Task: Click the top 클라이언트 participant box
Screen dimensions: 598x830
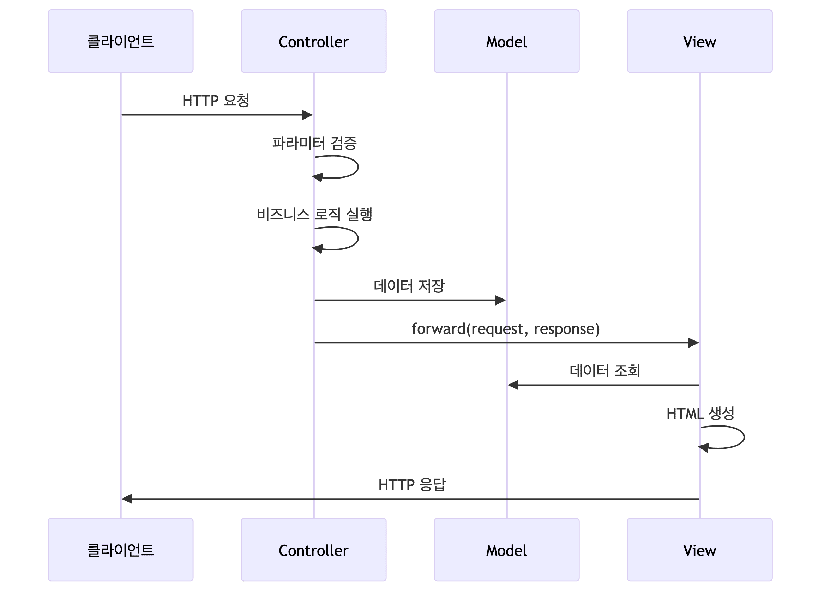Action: coord(120,41)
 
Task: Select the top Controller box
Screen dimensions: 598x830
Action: coord(313,41)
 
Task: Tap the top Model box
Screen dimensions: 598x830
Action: coord(506,41)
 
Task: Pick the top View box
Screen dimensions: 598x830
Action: coord(699,41)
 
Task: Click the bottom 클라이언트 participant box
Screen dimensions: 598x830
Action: coord(120,549)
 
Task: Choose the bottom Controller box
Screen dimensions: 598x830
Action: coord(313,549)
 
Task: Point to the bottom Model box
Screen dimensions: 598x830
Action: coord(506,549)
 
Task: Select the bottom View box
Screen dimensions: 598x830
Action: coord(699,549)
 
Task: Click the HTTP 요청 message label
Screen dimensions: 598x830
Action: coord(216,101)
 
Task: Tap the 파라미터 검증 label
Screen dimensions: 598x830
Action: coord(314,143)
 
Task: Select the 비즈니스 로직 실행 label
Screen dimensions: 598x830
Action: coord(314,215)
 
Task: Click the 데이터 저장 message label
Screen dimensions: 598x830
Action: coord(409,286)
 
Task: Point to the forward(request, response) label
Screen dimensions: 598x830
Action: coord(505,329)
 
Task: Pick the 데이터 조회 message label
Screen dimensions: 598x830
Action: coord(605,371)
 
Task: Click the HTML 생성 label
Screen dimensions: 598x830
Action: coord(700,413)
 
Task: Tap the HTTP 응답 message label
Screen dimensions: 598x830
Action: coord(412,485)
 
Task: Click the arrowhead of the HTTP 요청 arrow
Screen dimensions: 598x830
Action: coord(308,115)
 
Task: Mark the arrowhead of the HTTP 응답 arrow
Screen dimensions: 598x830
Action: coord(127,499)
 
